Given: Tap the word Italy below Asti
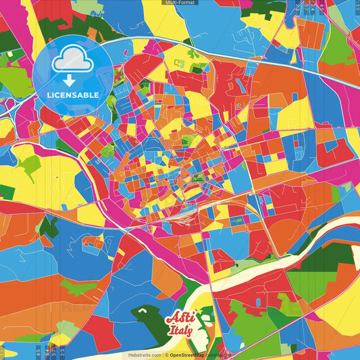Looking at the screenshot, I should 181,331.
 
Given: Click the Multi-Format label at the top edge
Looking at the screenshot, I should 180,3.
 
